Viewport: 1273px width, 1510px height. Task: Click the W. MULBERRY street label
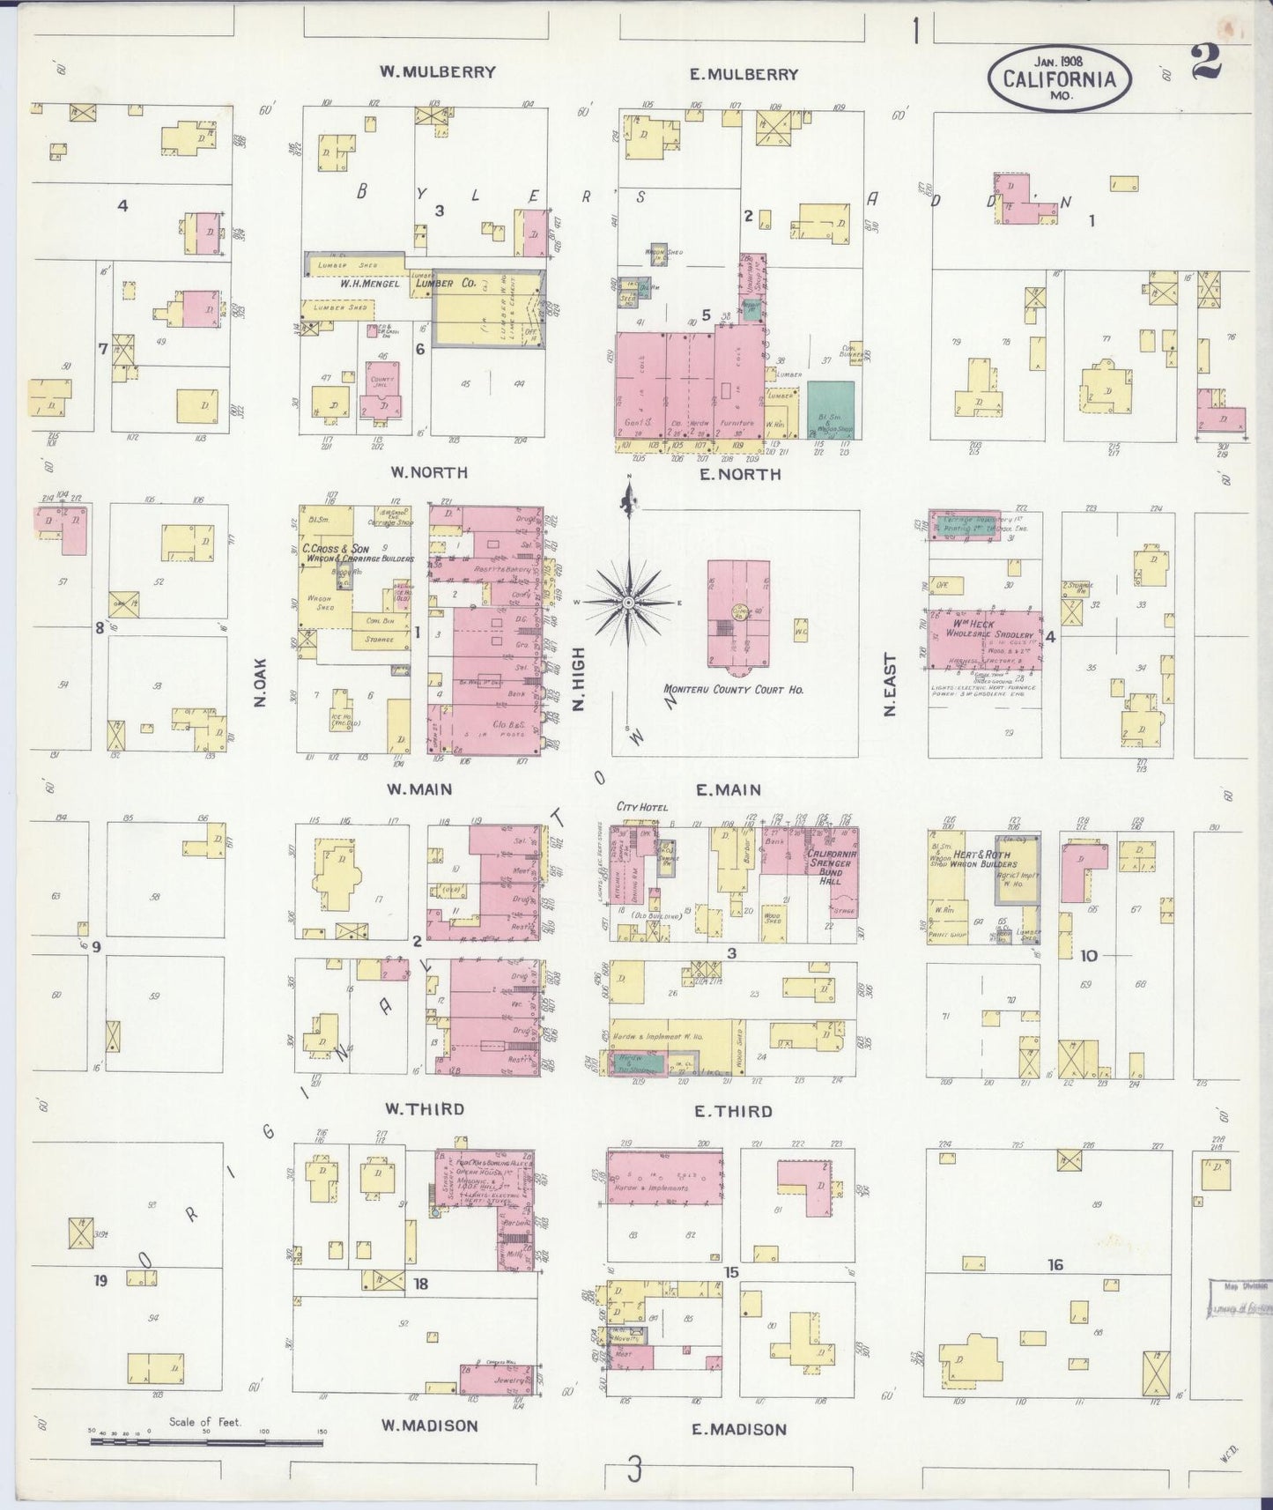tap(437, 72)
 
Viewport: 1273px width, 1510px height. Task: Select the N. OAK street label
tap(260, 684)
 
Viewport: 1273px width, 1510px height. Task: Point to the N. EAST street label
tap(889, 685)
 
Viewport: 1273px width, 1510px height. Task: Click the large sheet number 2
tap(1205, 62)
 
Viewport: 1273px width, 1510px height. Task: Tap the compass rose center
tap(629, 602)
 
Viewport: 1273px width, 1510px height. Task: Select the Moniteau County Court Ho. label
tap(733, 690)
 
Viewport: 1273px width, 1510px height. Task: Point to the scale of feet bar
tap(206, 1442)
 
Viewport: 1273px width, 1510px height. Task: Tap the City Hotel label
tap(642, 807)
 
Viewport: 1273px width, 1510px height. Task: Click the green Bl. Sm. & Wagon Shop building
tap(830, 409)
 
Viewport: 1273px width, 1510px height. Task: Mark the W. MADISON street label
tap(429, 1425)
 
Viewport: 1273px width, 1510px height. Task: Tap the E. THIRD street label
tap(733, 1112)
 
